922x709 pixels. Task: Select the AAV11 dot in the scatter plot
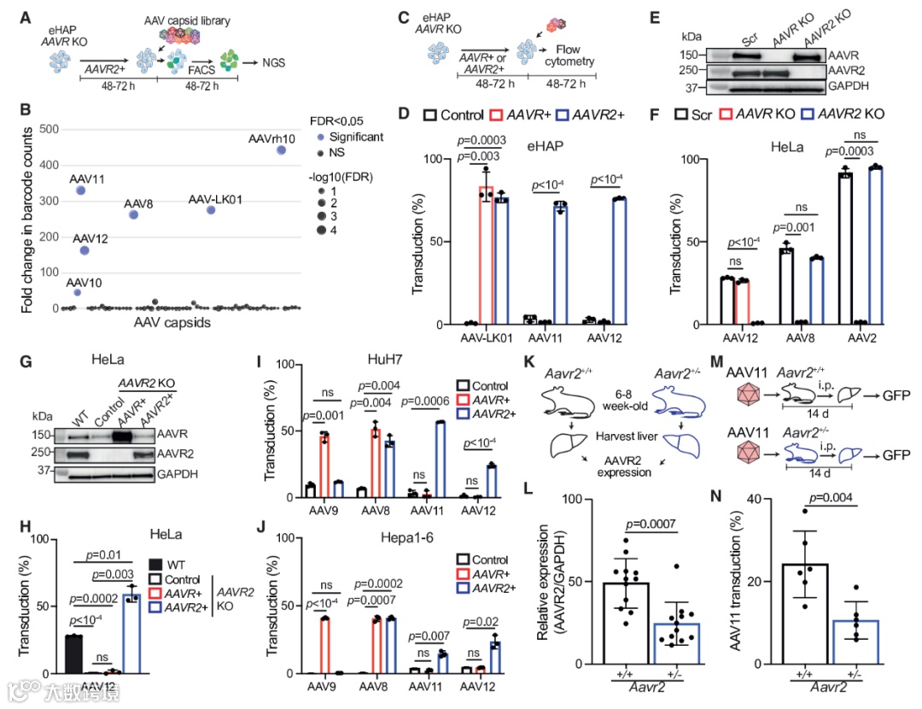[x=80, y=190]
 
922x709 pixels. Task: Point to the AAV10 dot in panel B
[x=78, y=292]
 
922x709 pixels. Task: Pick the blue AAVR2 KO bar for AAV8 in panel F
[x=817, y=290]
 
